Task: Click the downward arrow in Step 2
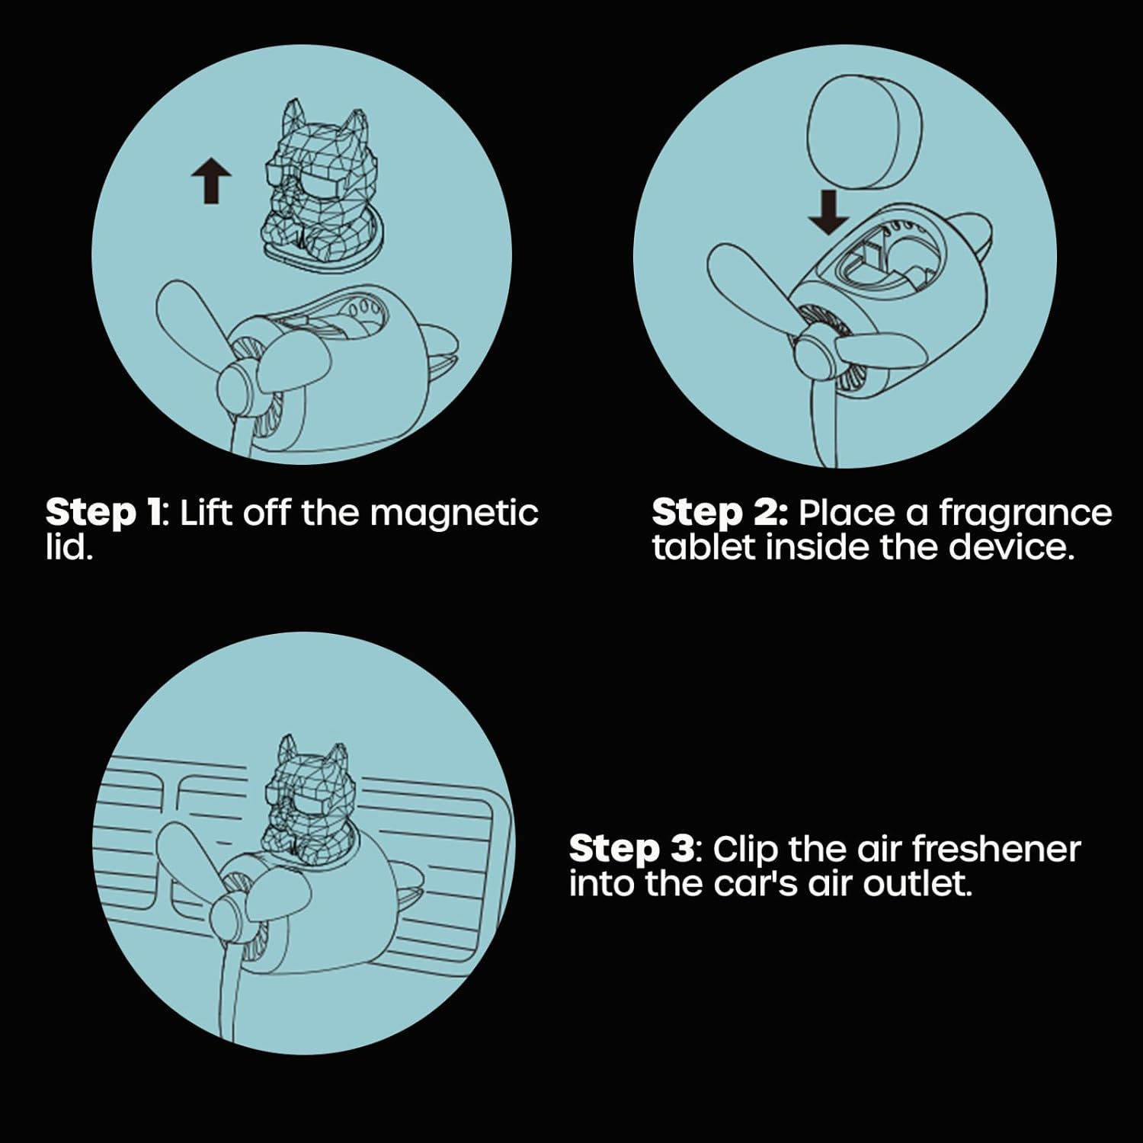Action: pos(828,212)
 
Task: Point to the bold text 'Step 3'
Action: pos(632,850)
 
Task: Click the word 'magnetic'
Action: pos(454,514)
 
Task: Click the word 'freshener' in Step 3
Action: pos(996,850)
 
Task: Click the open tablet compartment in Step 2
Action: pos(876,263)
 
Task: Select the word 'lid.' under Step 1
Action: pos(69,548)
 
